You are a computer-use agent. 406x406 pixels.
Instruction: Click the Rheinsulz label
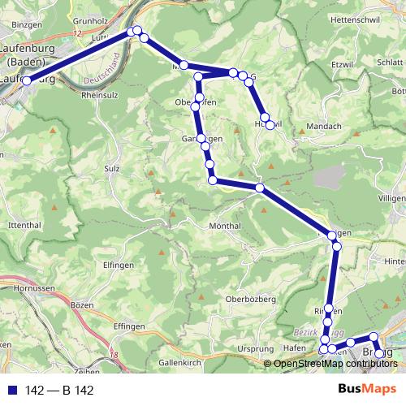101,93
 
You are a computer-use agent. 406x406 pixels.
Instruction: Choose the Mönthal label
225,225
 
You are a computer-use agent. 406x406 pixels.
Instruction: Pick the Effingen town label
106,326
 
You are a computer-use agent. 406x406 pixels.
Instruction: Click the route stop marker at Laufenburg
26,80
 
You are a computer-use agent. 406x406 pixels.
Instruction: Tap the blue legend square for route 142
11,391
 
